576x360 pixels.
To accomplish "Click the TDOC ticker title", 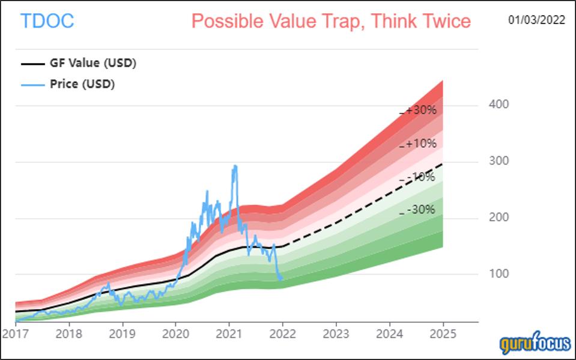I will pos(47,22).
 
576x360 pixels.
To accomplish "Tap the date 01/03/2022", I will pos(536,20).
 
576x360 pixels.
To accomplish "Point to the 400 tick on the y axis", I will pos(499,105).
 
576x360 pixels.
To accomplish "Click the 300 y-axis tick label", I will pos(499,161).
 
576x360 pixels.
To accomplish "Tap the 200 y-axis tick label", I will pos(499,218).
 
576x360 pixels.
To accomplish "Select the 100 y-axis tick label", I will pos(499,274).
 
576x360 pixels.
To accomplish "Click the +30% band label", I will pos(420,111).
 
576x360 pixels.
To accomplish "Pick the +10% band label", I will pos(420,144).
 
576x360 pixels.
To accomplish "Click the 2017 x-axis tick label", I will pos(15,332).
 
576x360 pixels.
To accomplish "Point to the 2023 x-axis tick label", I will pos(336,332).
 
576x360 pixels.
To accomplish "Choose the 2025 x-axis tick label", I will pos(443,332).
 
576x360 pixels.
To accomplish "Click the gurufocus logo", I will pos(535,344).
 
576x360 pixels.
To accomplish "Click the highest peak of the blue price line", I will pos(235,166).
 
